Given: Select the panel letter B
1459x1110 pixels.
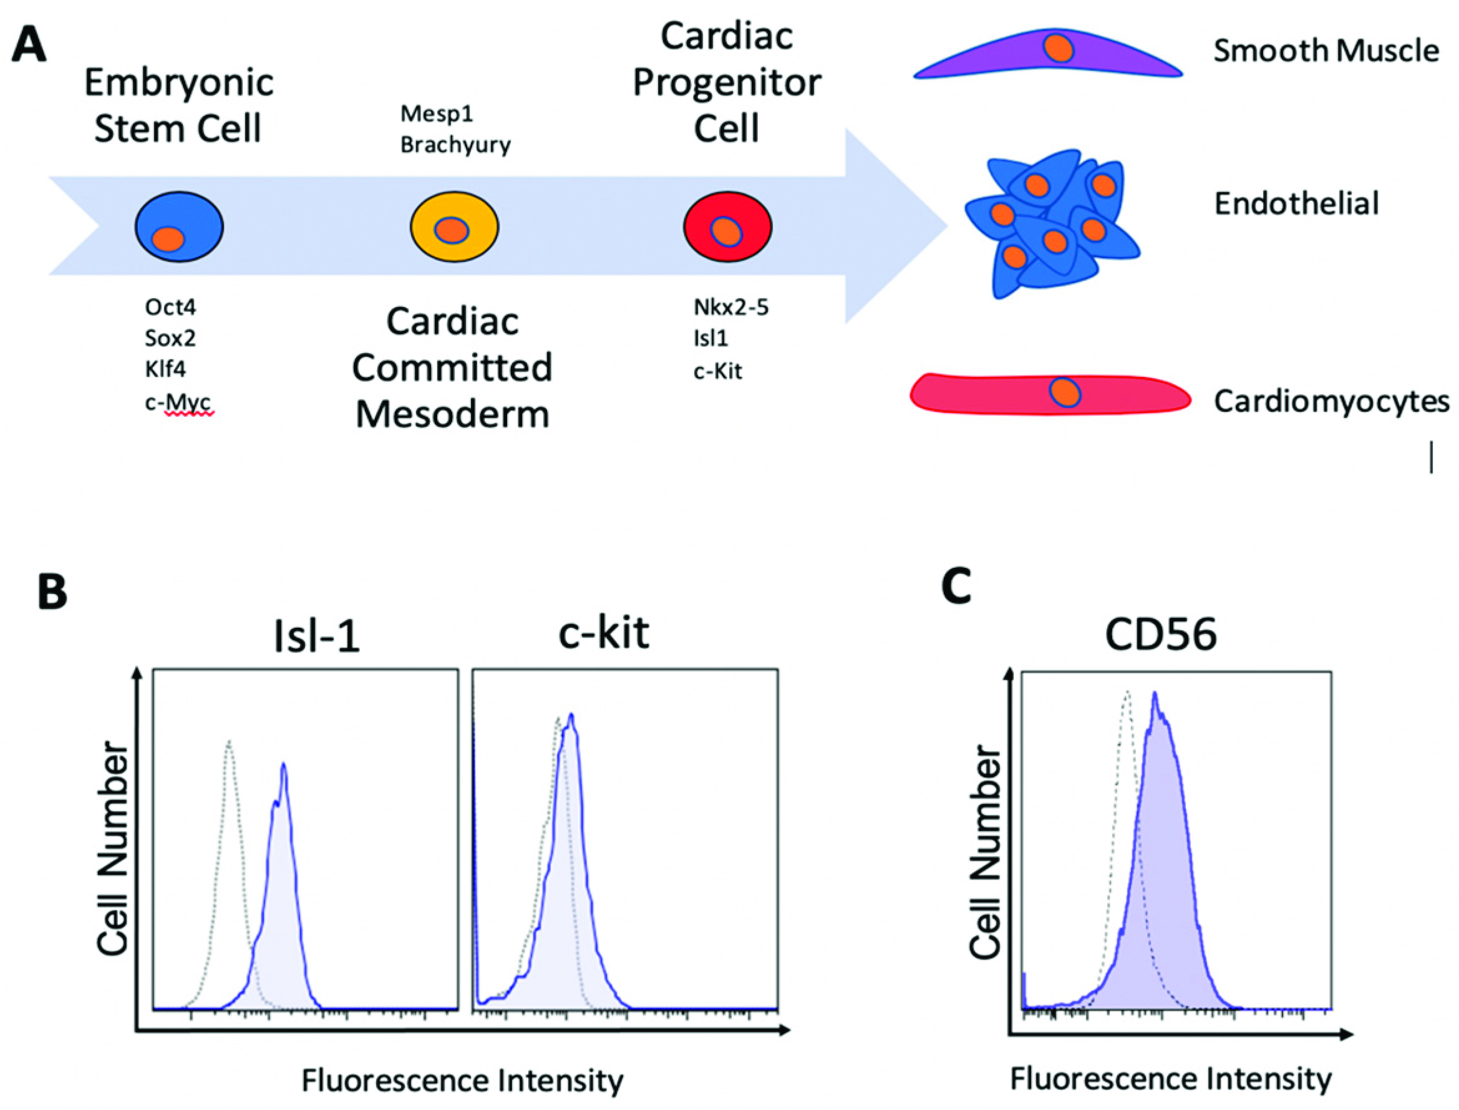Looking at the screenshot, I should tap(53, 592).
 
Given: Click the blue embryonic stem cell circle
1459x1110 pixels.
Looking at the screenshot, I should tap(179, 226).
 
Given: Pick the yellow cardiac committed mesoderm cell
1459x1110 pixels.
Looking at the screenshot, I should tap(453, 226).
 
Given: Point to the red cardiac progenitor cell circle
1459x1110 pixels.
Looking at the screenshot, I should tap(727, 226).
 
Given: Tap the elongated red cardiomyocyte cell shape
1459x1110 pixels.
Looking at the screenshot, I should tap(1050, 394).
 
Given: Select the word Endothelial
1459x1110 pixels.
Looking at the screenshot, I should tap(1296, 203).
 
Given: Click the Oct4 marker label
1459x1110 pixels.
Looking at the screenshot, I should tap(170, 307).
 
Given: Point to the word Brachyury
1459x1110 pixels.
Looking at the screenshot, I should tap(455, 145).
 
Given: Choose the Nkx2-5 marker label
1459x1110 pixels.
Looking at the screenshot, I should tap(730, 307).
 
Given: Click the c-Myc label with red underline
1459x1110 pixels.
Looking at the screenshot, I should tap(178, 402).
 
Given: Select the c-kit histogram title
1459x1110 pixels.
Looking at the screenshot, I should tap(604, 633).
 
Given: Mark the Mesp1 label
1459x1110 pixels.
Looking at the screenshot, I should tap(437, 114).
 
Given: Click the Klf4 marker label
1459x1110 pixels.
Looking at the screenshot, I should tap(165, 369).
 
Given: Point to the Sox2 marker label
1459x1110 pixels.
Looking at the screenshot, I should tap(170, 338).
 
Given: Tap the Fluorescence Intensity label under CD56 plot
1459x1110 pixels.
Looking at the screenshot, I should tap(1170, 1079).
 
